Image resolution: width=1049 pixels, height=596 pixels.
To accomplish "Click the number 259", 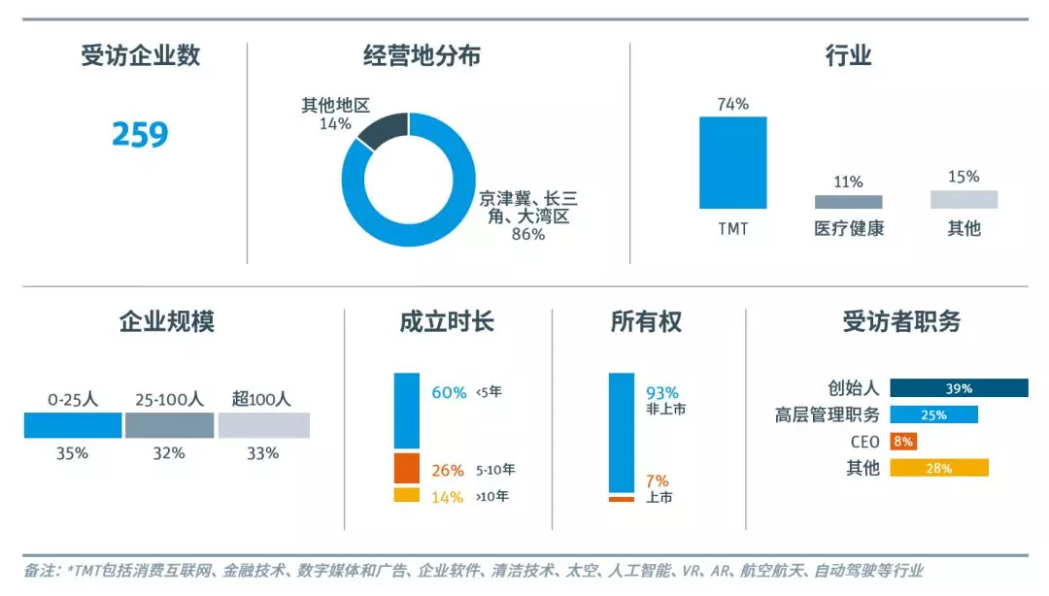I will (x=140, y=134).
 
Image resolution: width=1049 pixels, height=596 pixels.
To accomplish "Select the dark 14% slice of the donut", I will (x=383, y=130).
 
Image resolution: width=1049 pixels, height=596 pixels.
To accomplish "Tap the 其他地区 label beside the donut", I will (x=335, y=105).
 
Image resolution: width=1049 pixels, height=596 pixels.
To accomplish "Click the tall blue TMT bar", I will (x=732, y=162).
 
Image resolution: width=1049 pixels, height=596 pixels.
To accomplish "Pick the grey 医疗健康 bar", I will (x=848, y=202).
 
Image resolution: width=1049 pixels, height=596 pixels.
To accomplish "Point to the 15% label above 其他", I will (x=964, y=177).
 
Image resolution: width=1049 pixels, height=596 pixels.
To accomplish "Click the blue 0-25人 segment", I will (x=73, y=425).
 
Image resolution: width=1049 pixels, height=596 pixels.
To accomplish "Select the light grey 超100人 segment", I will (x=263, y=425).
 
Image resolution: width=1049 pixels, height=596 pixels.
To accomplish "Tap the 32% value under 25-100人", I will (x=169, y=453).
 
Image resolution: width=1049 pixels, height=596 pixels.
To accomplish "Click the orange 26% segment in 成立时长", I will (x=407, y=468).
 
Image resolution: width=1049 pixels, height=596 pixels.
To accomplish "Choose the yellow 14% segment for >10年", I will (x=407, y=495).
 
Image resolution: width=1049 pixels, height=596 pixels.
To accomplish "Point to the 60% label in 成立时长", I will (x=449, y=392).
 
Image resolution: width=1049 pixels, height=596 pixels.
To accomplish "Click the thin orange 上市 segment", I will (x=622, y=499).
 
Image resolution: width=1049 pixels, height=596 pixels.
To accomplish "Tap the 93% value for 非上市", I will (x=662, y=392).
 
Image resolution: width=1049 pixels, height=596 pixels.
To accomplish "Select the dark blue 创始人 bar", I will (x=959, y=388).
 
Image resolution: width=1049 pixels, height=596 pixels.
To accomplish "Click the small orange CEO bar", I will (x=902, y=442).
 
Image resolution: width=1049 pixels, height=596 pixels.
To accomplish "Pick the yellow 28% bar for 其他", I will (x=939, y=468).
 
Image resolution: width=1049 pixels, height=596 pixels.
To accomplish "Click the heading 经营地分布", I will (x=421, y=55).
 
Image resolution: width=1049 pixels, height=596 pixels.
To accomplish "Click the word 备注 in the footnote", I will (x=40, y=571).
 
